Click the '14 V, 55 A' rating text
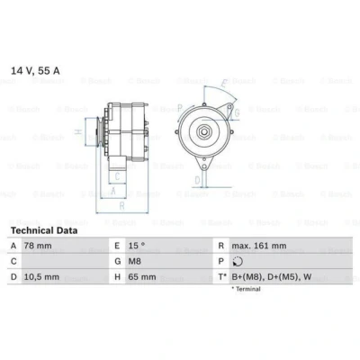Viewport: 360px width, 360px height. (x=35, y=71)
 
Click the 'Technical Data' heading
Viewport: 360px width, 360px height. (x=44, y=230)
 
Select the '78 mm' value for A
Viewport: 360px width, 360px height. (x=38, y=246)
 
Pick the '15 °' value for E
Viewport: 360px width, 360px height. (x=137, y=246)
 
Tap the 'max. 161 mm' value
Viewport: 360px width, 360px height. (x=259, y=246)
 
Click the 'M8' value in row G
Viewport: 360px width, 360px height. (x=134, y=261)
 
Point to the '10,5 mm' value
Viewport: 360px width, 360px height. (x=41, y=277)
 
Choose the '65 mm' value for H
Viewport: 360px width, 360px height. (x=142, y=277)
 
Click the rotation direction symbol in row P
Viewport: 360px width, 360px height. (x=238, y=262)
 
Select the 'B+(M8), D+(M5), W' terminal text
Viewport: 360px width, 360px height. (x=272, y=277)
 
